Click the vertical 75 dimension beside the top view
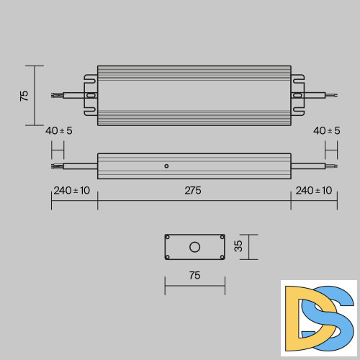coord(24,95)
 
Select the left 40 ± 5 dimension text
coord(58,130)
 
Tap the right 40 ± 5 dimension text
coord(328,130)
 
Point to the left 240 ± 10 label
coord(72,191)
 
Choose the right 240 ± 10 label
coord(314,191)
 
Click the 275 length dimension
coord(193,191)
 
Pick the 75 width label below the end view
coord(194,275)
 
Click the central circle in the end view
coord(194,247)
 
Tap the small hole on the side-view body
coord(166,166)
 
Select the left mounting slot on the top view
coord(91,95)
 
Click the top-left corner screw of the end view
coord(168,237)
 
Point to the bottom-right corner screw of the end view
coord(222,257)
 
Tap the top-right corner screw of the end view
coord(222,237)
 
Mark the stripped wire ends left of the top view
coord(56,95)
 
